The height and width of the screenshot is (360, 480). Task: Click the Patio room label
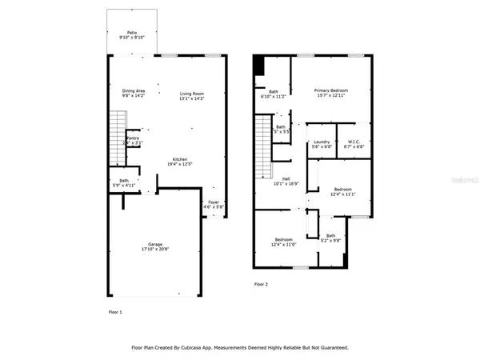coord(134,31)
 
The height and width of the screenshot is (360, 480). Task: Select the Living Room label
coord(192,94)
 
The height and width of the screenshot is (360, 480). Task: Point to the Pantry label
coord(134,138)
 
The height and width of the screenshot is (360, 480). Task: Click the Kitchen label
coord(180,159)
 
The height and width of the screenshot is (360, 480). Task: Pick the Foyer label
coord(212,202)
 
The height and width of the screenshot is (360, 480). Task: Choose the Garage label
coord(155,244)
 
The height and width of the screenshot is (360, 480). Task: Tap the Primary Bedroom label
coord(332,91)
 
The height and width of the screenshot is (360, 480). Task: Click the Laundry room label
coord(320,142)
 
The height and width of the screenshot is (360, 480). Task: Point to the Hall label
coord(286,178)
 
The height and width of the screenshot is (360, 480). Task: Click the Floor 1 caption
coord(115,311)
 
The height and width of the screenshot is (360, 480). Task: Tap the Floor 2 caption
coord(262,284)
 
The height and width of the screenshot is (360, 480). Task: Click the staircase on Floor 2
coord(263,148)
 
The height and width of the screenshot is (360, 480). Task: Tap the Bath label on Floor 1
coord(124,181)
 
